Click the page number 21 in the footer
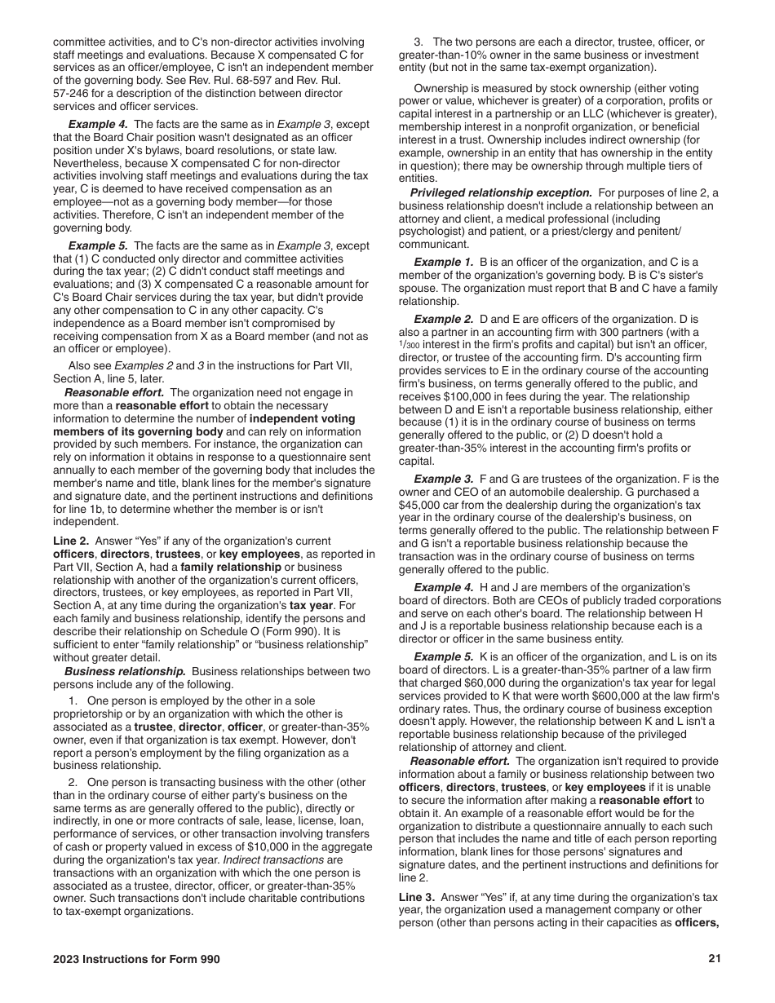[x=715, y=959]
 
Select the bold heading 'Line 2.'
[x=71, y=541]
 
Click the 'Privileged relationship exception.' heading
[x=501, y=192]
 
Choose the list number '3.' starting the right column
[x=418, y=42]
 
